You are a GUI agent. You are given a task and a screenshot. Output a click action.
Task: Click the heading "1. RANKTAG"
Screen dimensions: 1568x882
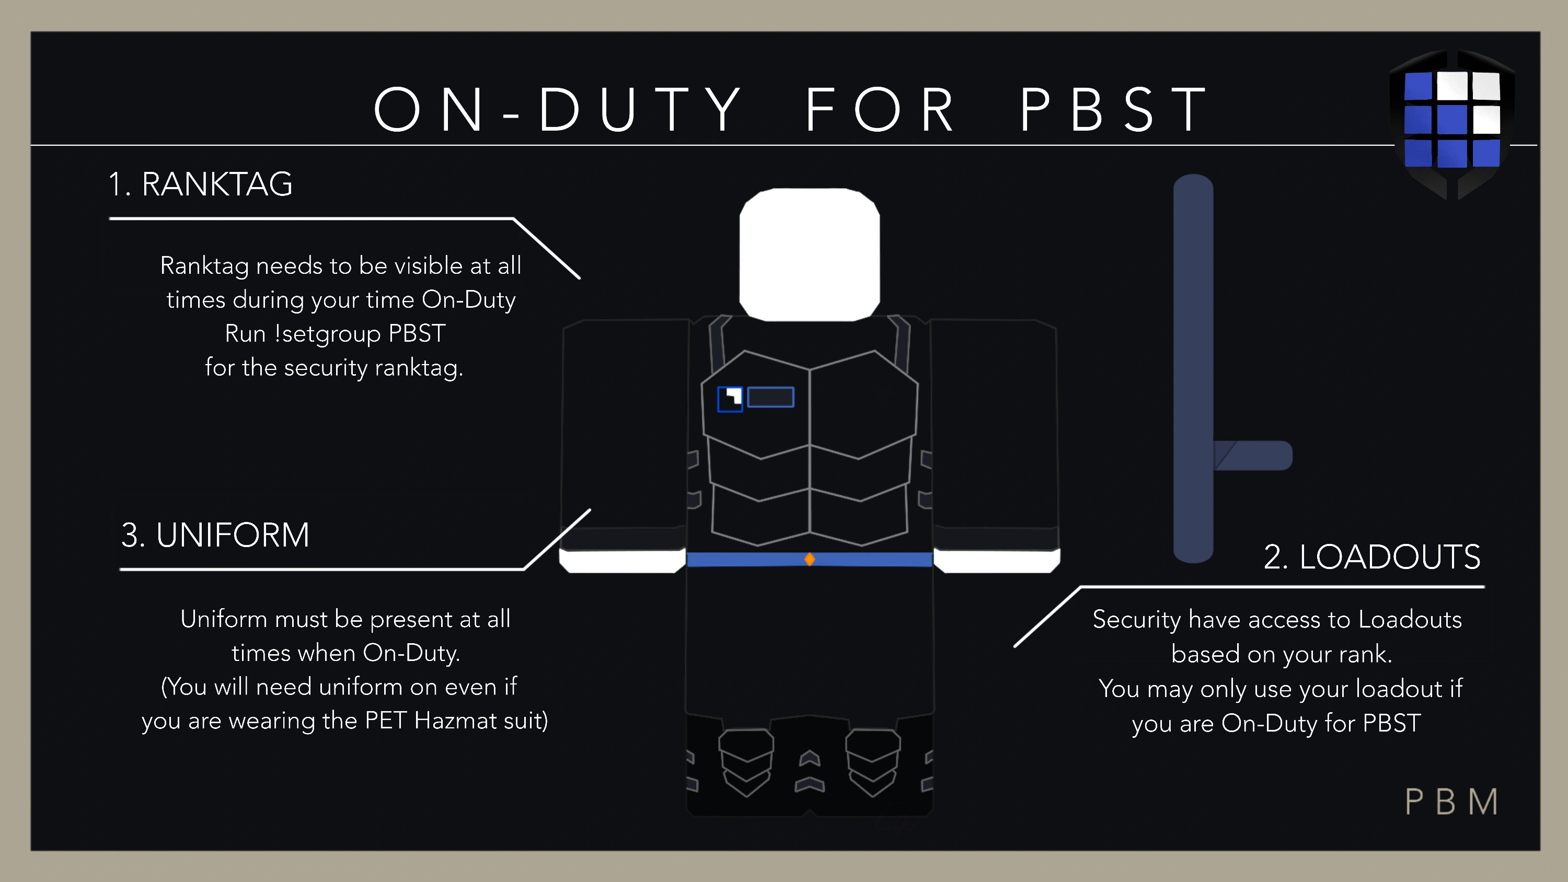coord(200,184)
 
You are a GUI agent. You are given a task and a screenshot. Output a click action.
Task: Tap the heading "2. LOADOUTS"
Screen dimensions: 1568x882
coord(1372,556)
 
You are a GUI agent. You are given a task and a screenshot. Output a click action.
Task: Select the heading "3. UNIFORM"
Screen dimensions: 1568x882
coord(215,535)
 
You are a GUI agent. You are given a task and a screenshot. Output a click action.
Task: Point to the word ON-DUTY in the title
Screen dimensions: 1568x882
coord(557,110)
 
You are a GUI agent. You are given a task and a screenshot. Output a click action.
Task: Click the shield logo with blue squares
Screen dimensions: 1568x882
coord(1452,124)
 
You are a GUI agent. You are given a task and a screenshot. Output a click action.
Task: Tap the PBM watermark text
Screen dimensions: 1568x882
coord(1452,802)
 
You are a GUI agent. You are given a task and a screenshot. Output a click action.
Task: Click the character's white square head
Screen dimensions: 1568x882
coord(810,254)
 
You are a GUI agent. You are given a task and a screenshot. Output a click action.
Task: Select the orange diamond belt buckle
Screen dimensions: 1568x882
coord(810,559)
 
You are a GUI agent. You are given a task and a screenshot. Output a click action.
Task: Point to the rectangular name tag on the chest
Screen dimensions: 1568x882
coord(770,397)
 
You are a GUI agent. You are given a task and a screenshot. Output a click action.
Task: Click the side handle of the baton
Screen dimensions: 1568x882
coord(1253,455)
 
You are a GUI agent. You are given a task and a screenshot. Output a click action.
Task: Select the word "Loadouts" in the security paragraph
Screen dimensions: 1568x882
coord(1410,620)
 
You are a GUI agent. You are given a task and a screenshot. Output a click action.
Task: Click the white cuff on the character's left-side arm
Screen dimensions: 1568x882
coord(622,561)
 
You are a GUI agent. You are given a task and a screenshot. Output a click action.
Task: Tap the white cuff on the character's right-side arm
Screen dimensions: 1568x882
coord(997,561)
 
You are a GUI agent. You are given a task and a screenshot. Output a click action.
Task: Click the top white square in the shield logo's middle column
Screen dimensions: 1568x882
coord(1452,86)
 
